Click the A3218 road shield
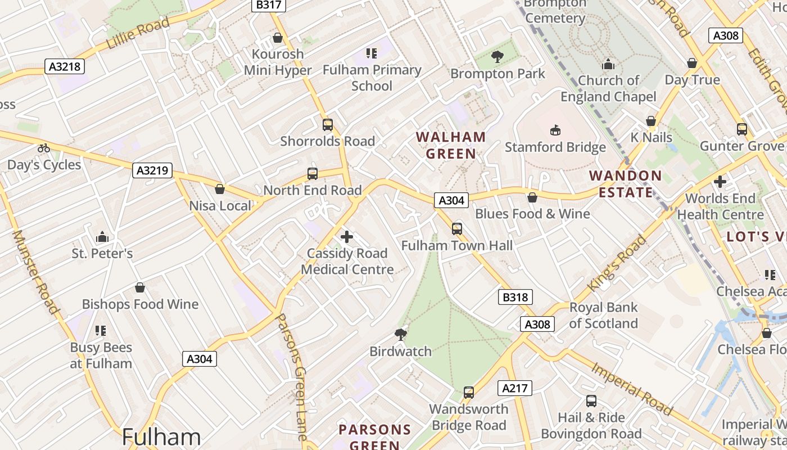pos(65,67)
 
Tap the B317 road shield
pos(269,5)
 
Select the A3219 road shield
pos(152,170)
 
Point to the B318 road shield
pos(515,297)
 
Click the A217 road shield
pos(514,388)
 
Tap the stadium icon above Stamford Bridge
pos(555,130)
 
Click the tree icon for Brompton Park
pos(497,56)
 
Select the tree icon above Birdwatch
pos(400,335)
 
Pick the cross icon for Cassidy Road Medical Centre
pos(347,237)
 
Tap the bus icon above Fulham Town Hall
pos(457,228)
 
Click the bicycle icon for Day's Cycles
pos(44,148)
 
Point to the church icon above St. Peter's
pos(102,237)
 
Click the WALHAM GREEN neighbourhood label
pos(451,145)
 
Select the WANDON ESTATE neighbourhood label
pos(625,184)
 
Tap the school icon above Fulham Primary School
pos(371,53)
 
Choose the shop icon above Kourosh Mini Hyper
pos(277,38)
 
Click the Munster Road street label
pos(35,272)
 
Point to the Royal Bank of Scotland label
pos(603,315)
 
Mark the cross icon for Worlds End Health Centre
pos(720,182)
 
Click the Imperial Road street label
pos(631,388)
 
